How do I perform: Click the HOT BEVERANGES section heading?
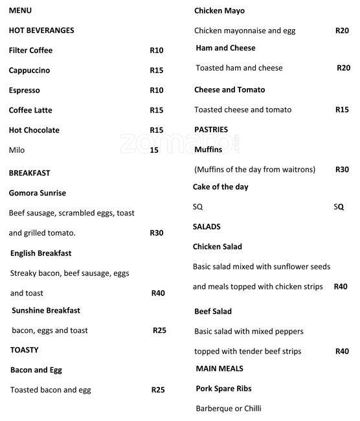click(x=41, y=30)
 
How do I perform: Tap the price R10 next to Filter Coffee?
click(x=157, y=51)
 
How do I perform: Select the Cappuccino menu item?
click(x=29, y=71)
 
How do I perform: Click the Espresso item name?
click(x=25, y=91)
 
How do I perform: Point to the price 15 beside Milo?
click(x=154, y=150)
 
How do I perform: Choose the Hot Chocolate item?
click(x=34, y=130)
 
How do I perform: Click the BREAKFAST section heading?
click(x=30, y=173)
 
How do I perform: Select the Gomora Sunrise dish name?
click(x=38, y=193)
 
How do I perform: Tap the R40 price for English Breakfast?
click(x=158, y=293)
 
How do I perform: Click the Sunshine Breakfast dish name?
click(x=46, y=310)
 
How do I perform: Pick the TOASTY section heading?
click(x=25, y=350)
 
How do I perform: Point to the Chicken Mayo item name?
click(x=219, y=11)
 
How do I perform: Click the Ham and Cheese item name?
click(x=225, y=48)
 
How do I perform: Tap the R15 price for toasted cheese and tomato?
click(x=342, y=110)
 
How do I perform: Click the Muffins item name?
click(x=208, y=150)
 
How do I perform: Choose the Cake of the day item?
click(x=220, y=187)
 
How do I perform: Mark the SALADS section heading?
click(x=207, y=227)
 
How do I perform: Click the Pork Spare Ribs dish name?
click(x=223, y=389)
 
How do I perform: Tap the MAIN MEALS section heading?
click(x=219, y=369)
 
